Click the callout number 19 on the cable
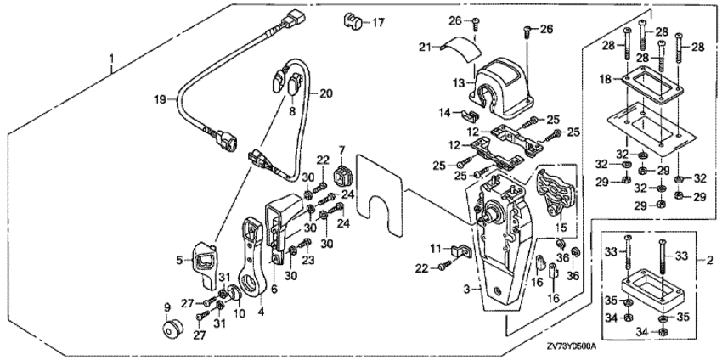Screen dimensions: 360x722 (158, 99)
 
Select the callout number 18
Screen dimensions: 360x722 (605, 79)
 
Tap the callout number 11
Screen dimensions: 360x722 (433, 247)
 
